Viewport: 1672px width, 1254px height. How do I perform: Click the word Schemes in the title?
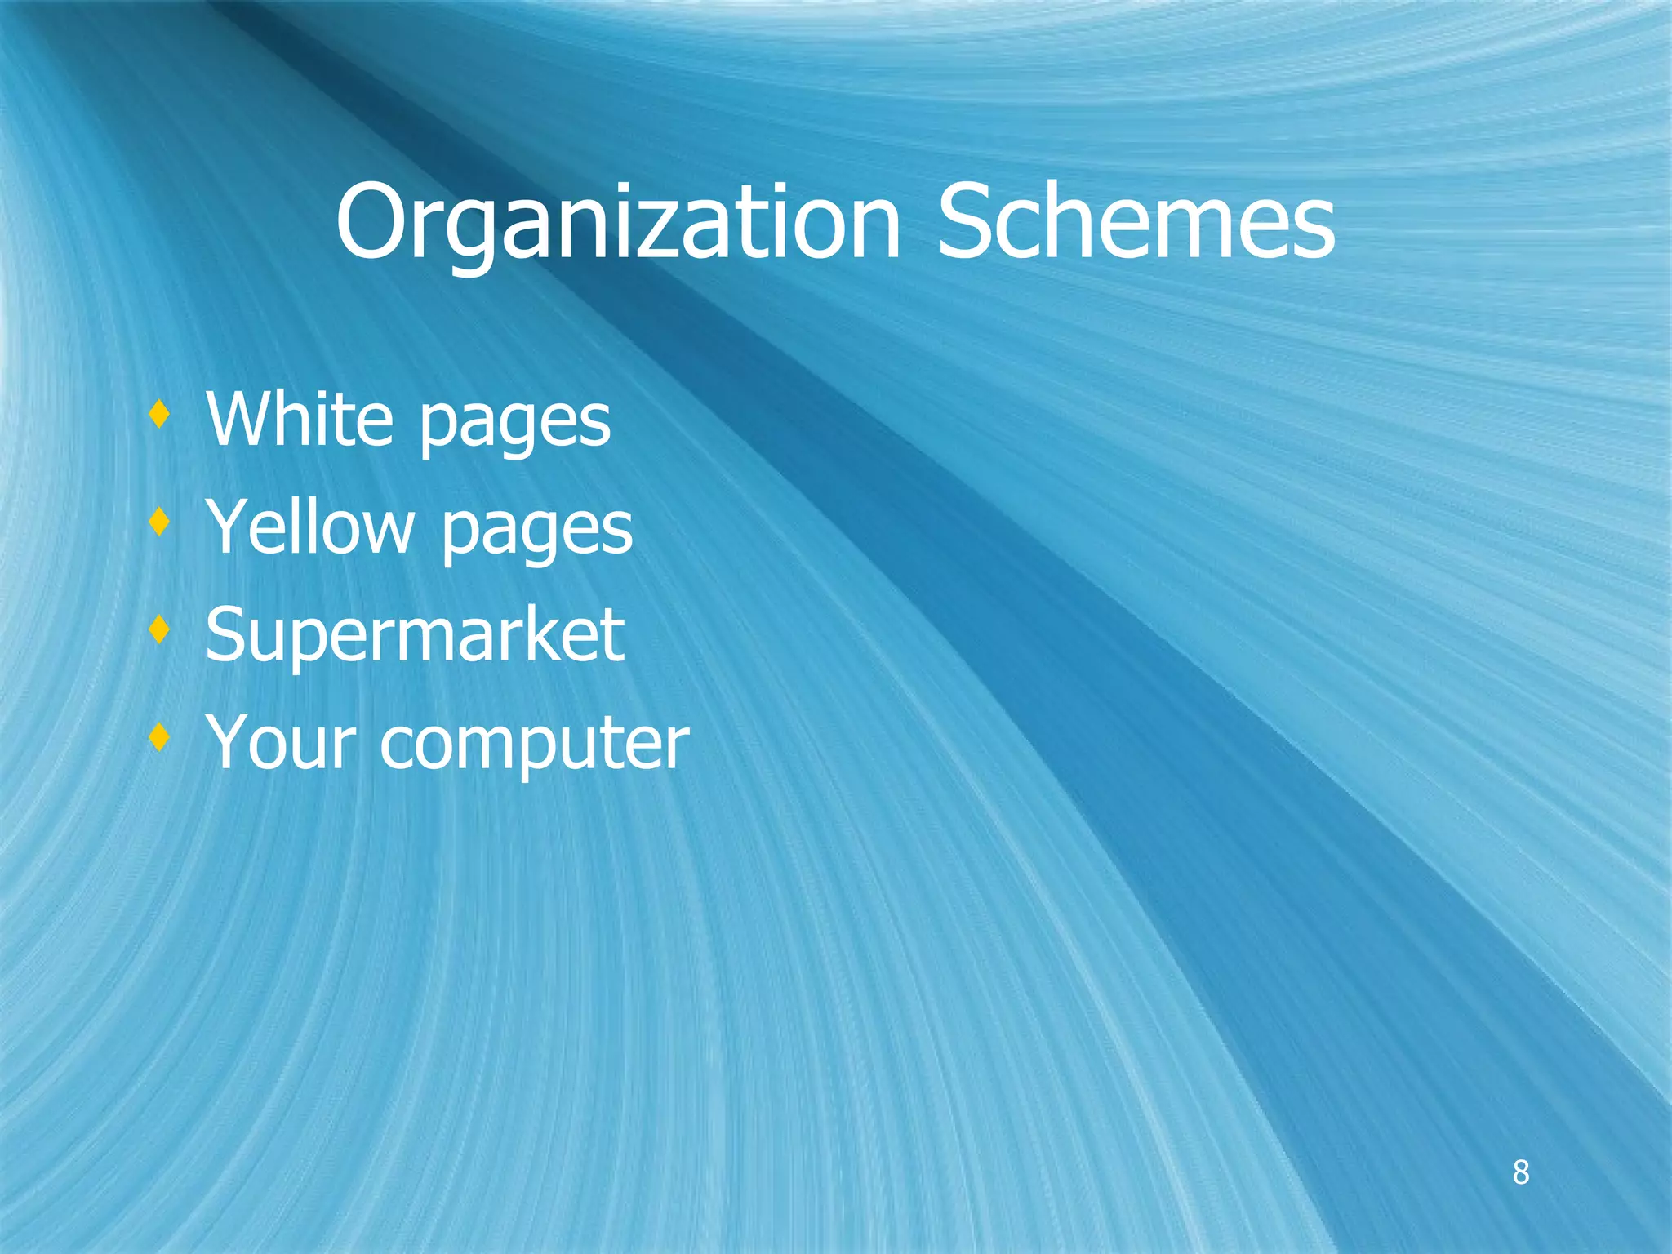tap(1136, 222)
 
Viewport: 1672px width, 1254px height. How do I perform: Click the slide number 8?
tap(1520, 1172)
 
